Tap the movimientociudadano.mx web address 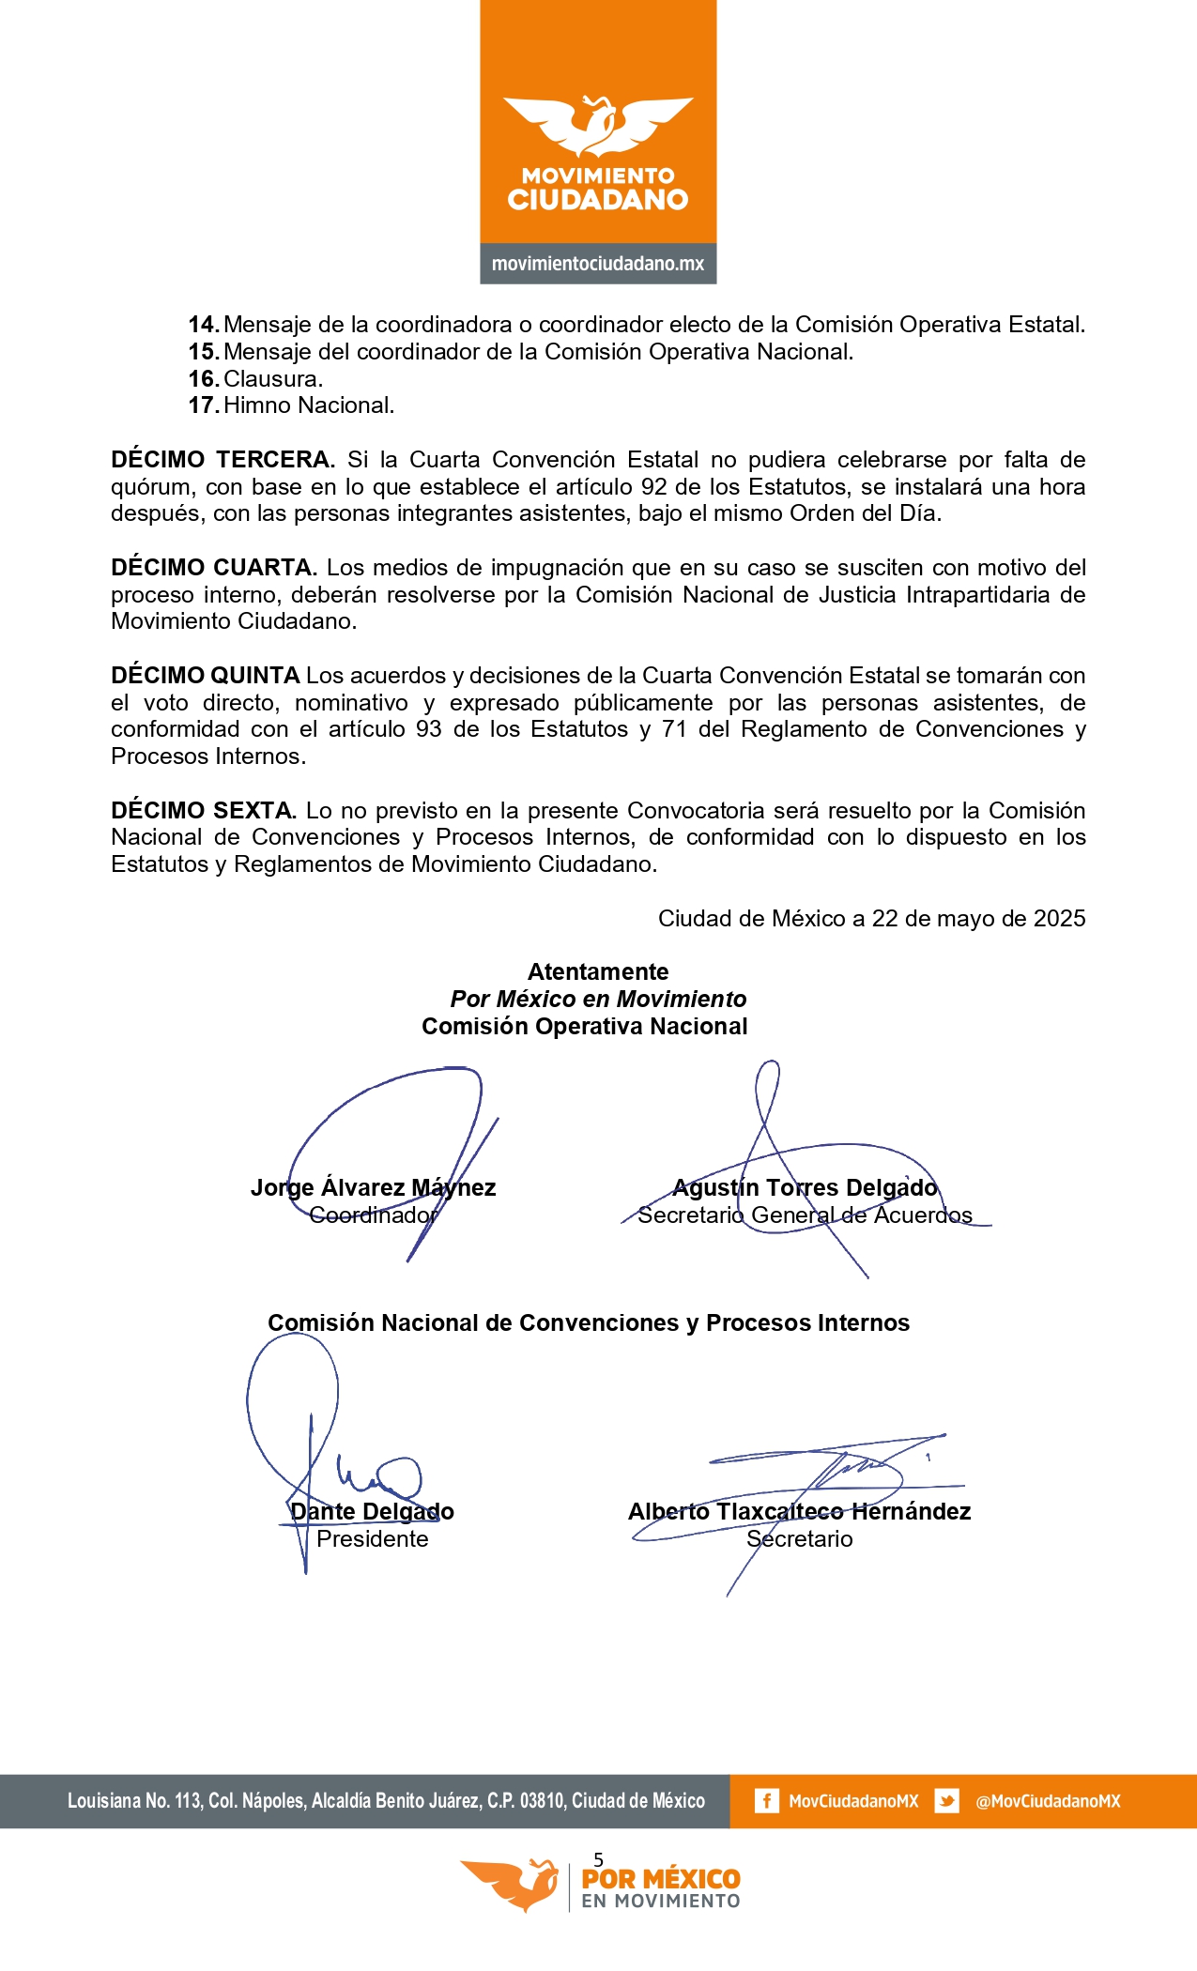(x=598, y=264)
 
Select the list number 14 (x=203, y=325)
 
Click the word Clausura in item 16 (x=273, y=379)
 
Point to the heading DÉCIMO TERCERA (x=223, y=460)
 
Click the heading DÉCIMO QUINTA (x=205, y=676)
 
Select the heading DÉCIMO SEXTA (x=204, y=811)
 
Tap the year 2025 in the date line (x=1059, y=919)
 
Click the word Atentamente (x=598, y=972)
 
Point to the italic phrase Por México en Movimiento (x=598, y=1000)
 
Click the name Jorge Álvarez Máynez (x=373, y=1188)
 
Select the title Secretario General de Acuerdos (x=805, y=1215)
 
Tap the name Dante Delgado (x=372, y=1512)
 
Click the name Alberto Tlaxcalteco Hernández (x=799, y=1512)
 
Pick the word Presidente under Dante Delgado (x=372, y=1539)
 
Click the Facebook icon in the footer (x=766, y=1801)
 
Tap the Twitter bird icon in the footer (x=946, y=1801)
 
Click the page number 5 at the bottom (x=599, y=1859)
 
